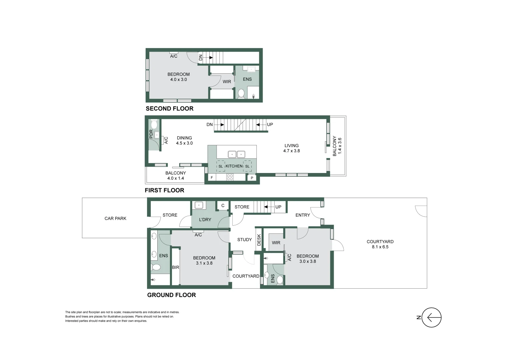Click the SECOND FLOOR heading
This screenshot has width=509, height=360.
169,108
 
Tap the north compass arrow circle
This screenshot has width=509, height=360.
431,317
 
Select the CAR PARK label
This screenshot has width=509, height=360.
115,218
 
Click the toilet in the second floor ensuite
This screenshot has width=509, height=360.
241,93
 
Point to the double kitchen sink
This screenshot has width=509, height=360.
236,154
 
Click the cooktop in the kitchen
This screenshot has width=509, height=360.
230,177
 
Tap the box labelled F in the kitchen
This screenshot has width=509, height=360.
212,178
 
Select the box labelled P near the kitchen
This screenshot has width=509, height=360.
252,178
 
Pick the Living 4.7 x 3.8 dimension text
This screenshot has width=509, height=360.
291,151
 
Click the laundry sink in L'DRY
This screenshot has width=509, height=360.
199,205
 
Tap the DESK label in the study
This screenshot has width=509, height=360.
259,240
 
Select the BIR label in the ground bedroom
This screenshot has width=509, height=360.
175,267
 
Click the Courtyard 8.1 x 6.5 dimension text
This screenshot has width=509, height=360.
380,247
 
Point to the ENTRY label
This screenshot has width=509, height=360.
302,215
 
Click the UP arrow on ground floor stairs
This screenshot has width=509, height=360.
267,207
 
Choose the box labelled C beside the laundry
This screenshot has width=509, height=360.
223,206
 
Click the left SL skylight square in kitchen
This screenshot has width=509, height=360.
220,166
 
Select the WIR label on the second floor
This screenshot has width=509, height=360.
227,82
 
